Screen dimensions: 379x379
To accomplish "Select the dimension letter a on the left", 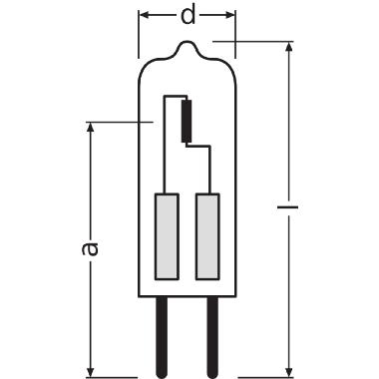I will [x=90, y=246].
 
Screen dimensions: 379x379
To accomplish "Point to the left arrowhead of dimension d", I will [x=143, y=17].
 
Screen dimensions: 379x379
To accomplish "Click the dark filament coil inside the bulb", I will [x=186, y=120].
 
